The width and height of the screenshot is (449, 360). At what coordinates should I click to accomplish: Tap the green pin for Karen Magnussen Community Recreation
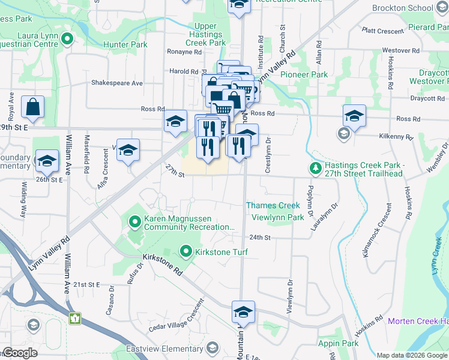tap(134, 222)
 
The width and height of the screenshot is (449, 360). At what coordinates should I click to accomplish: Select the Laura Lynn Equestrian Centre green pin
tap(67, 40)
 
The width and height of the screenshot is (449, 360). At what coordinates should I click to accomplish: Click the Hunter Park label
tap(125, 44)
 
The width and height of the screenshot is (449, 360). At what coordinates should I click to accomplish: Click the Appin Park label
tap(339, 343)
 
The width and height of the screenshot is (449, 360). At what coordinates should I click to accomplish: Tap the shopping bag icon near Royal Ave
tap(32, 107)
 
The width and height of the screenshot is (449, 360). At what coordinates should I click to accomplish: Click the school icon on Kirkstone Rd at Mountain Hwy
tap(243, 313)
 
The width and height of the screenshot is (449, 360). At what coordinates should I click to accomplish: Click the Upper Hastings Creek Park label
tap(205, 34)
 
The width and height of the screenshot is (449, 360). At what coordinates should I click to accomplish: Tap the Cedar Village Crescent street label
tap(178, 324)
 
